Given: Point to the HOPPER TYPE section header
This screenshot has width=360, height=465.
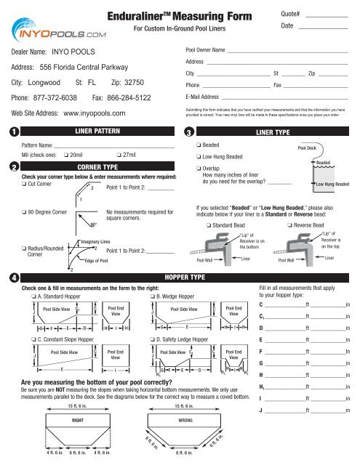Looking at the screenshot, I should click(x=180, y=277).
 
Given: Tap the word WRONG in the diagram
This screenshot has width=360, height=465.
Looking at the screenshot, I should click(x=179, y=420).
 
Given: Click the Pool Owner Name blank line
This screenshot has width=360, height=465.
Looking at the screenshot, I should click(x=287, y=52).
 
